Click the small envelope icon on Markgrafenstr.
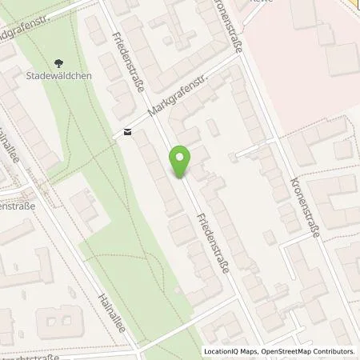tap(126, 132)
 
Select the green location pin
tap(181, 162)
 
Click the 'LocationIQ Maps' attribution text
tap(227, 351)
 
